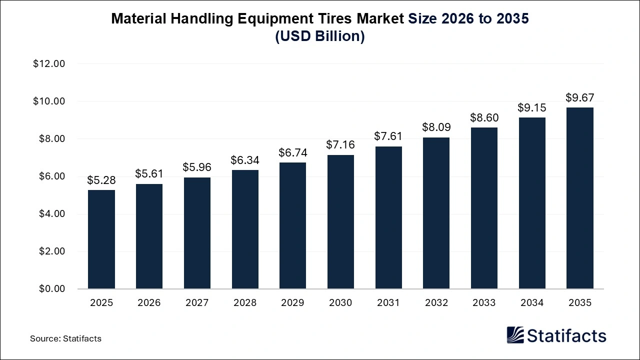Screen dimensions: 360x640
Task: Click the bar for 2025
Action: point(101,239)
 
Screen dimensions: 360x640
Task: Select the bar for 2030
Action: point(340,222)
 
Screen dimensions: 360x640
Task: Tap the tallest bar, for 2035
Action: point(580,198)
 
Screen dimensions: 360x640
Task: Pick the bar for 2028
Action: point(245,229)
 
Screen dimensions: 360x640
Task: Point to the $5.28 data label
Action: point(101,180)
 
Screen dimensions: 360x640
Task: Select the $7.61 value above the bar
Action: point(388,136)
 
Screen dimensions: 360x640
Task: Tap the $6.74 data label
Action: point(293,152)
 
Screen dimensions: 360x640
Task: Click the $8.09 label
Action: point(436,127)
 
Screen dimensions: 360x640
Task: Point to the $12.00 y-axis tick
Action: point(49,64)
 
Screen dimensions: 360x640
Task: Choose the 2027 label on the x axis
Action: point(197,303)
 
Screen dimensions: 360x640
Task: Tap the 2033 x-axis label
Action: point(484,303)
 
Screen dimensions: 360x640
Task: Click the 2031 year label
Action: point(388,303)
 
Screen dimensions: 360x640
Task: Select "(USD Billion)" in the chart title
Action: point(320,37)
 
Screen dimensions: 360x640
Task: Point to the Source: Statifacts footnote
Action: point(65,338)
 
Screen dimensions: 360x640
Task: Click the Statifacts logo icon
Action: point(515,335)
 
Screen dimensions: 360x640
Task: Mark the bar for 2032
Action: point(436,213)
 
